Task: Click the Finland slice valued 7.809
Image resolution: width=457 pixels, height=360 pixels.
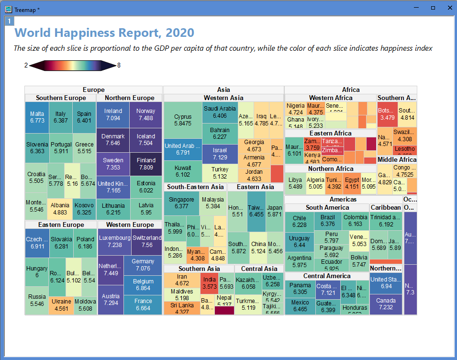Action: (146, 164)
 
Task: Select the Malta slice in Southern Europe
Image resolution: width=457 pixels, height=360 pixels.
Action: (37, 117)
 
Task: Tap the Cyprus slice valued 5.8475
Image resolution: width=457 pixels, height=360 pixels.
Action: (183, 120)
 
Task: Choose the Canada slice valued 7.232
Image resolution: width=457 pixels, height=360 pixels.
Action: (386, 304)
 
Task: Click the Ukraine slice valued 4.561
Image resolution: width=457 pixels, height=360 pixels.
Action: (61, 305)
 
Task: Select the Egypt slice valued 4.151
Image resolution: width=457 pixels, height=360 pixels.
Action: (352, 183)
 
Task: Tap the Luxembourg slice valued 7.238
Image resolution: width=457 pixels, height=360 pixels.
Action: (114, 241)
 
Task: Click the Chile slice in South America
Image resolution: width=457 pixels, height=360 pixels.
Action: (299, 221)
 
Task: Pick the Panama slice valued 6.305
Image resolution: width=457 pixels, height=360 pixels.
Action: (300, 288)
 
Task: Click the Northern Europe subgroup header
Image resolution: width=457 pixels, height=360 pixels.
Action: (129, 98)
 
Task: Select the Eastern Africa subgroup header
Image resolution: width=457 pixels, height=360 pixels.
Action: (330, 134)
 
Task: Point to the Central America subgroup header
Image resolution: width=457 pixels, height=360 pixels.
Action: (327, 276)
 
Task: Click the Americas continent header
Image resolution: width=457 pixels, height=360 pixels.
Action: (343, 199)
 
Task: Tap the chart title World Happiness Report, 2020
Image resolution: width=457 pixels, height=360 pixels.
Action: (104, 33)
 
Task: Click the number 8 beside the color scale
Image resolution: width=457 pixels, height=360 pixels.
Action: (119, 65)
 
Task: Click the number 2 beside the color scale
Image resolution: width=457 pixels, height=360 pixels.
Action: (26, 65)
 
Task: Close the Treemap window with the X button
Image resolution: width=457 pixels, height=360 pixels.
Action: (449, 8)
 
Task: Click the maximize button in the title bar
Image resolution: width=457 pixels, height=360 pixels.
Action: (433, 8)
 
